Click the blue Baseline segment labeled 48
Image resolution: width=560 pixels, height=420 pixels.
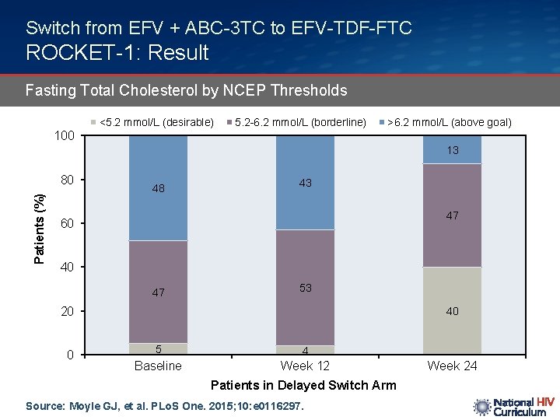tap(158, 188)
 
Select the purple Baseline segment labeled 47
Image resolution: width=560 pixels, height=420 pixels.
tap(158, 292)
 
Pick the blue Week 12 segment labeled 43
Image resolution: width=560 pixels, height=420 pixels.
tap(305, 183)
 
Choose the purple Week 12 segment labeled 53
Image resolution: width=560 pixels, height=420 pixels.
tap(305, 288)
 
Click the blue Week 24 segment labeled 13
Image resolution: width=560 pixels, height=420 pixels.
tap(452, 150)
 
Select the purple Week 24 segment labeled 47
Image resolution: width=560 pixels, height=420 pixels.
tap(452, 215)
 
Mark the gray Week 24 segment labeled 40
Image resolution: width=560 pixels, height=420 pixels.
tap(452, 311)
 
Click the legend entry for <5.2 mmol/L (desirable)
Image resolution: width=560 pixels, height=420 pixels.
tap(152, 122)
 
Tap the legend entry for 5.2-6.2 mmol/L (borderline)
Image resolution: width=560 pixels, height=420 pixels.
tap(296, 122)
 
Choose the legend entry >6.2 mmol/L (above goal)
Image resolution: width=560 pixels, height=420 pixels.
tap(444, 122)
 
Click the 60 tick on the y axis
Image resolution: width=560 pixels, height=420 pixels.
tap(68, 224)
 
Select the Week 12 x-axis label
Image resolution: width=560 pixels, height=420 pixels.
tap(305, 366)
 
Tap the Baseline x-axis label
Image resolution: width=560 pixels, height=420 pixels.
tap(158, 366)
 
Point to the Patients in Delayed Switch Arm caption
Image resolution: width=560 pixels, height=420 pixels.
tap(303, 385)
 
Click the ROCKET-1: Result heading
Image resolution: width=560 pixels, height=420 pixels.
tap(117, 53)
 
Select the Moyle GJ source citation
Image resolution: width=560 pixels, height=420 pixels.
tap(163, 406)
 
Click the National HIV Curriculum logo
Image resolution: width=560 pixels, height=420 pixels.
tap(513, 407)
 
